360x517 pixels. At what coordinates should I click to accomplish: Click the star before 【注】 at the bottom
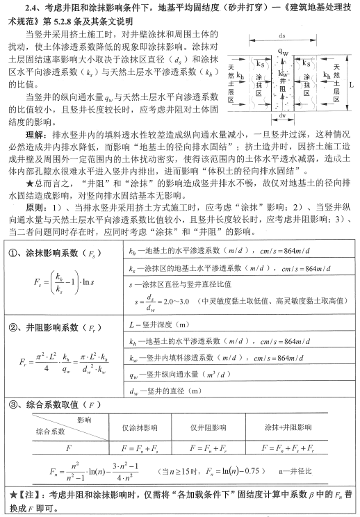(x=7, y=497)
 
